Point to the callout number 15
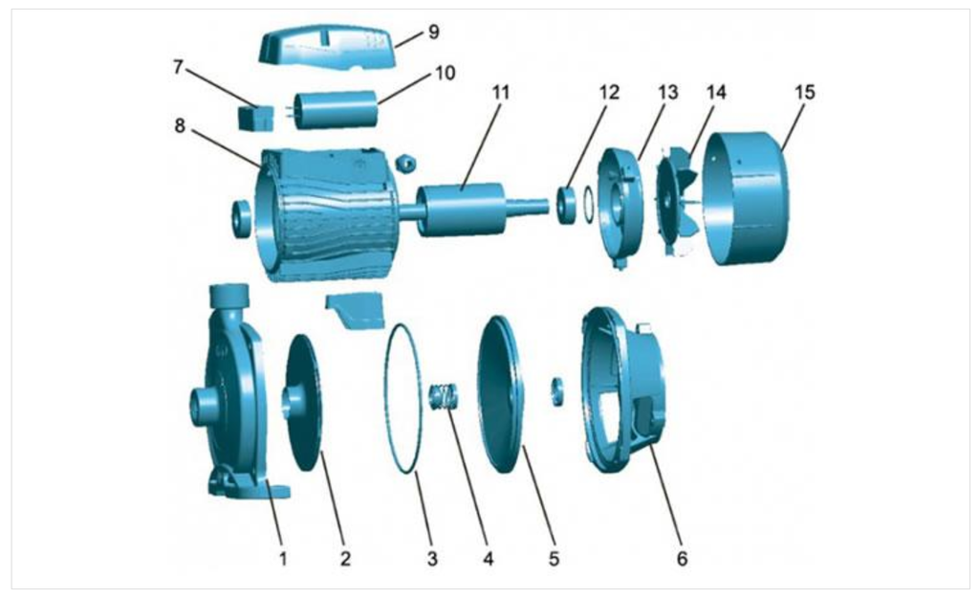coord(805,93)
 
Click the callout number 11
coord(502,93)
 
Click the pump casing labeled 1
coord(229,392)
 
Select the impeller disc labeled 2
coord(308,402)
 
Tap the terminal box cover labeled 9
coord(325,46)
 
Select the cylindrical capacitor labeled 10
coord(335,110)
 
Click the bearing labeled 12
coord(568,205)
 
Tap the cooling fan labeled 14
coord(678,201)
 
